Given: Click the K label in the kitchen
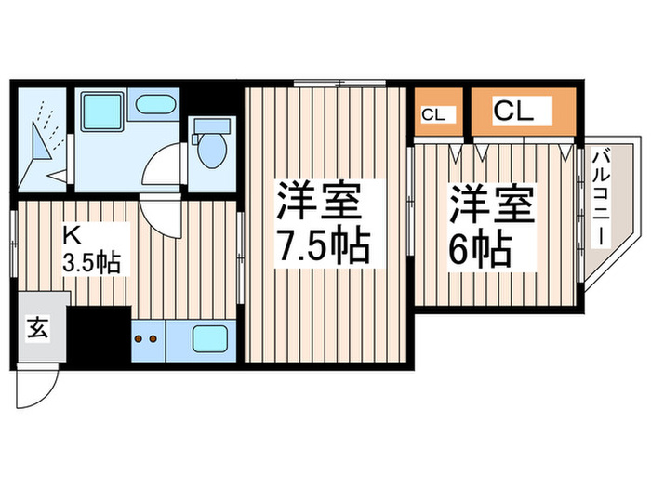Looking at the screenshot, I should click(x=71, y=233).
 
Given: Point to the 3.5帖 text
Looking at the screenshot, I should click(x=90, y=263).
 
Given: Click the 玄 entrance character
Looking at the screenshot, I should click(x=36, y=327).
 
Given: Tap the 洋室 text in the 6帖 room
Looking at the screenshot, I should click(x=493, y=205).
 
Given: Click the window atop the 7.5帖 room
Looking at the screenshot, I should click(x=339, y=84).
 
